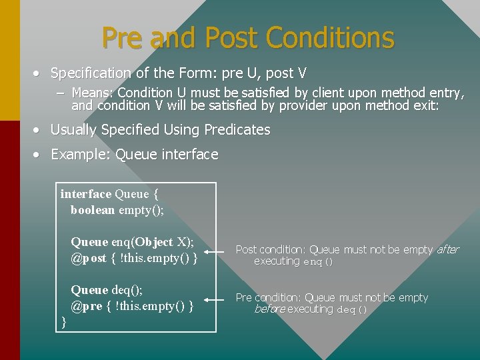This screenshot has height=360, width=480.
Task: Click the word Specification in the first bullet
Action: (91, 73)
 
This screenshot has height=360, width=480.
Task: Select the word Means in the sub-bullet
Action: (88, 93)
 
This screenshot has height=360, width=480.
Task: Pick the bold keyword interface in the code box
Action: (85, 194)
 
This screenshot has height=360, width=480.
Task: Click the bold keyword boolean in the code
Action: (93, 210)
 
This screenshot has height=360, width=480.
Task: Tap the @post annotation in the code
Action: (89, 258)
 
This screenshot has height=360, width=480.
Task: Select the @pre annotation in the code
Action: (87, 306)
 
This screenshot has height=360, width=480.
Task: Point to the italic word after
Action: (447, 249)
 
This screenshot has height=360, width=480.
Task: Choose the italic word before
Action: (269, 309)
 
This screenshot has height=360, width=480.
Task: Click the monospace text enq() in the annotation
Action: (318, 262)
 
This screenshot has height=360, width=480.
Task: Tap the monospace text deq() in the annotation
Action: (351, 310)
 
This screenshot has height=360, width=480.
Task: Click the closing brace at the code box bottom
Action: (64, 321)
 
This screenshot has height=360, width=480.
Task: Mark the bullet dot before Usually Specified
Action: (41, 130)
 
